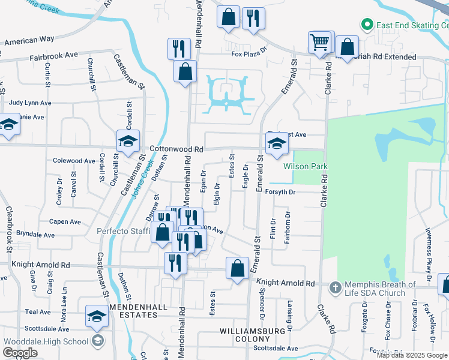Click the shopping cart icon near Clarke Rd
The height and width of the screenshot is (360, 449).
[x=320, y=42]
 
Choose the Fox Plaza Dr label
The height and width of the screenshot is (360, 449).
[x=249, y=53]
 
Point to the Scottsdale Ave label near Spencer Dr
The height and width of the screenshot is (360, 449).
[x=276, y=348]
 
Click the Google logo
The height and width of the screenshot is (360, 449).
[x=20, y=353]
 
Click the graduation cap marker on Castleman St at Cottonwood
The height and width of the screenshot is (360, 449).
[x=128, y=141]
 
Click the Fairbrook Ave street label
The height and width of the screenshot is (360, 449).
[x=54, y=55]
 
